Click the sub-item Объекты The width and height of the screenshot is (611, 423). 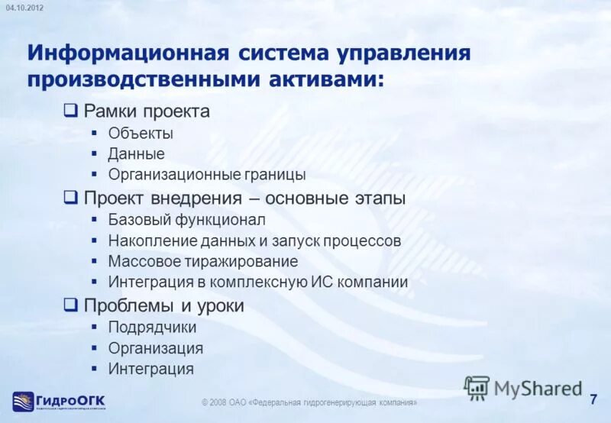141,134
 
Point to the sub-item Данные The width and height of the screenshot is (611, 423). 136,154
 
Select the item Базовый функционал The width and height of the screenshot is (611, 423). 186,221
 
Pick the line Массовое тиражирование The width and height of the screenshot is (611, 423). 202,262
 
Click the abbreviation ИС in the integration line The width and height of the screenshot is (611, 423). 320,283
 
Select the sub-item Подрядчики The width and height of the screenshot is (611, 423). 152,328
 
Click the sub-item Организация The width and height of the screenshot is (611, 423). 155,348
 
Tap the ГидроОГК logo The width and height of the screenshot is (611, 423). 59,401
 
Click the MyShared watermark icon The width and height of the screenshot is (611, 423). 477,388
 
